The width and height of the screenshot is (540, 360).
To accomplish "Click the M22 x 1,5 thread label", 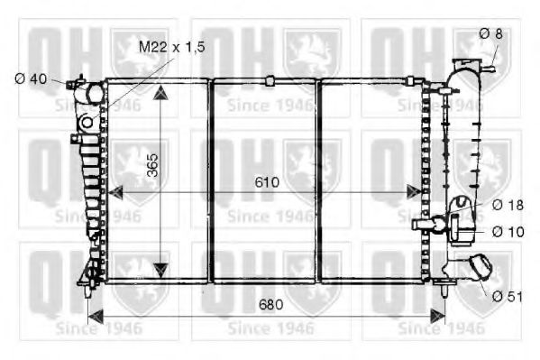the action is pos(172,47).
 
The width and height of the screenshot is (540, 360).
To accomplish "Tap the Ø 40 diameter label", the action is pos(31,79).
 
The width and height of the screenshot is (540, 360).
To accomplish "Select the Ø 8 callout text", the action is pos(490,33).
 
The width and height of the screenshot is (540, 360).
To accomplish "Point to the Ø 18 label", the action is pos(508,205).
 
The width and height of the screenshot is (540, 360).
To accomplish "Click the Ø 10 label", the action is pos(508,232).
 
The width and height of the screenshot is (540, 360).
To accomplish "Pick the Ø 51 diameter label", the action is pos(508,296).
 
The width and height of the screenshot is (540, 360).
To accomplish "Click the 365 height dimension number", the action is pos(151,165).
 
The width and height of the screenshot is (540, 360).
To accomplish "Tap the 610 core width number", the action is pos(267,182).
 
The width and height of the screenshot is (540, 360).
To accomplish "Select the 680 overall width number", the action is pos(270,304).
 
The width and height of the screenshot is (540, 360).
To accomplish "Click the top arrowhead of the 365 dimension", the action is pos(160,94).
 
